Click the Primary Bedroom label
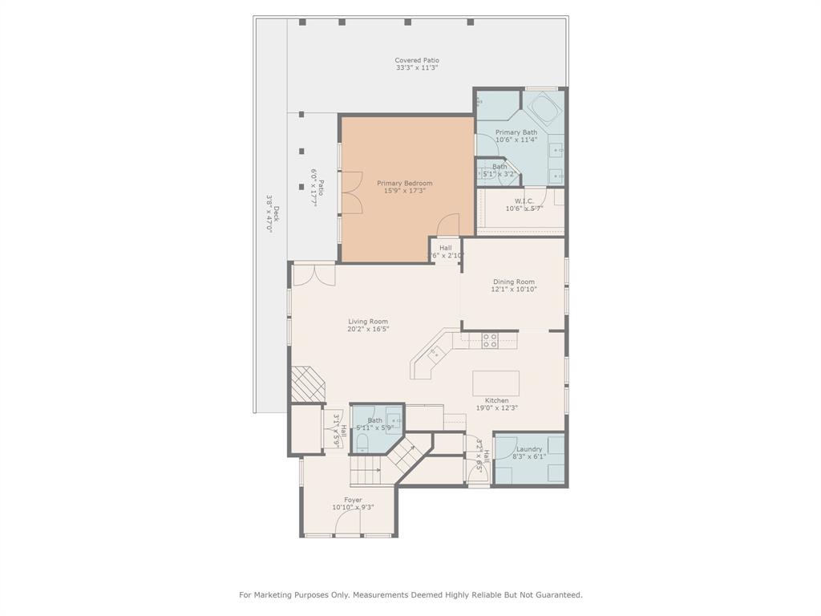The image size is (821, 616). (405, 183)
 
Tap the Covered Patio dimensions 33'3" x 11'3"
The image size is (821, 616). (416, 68)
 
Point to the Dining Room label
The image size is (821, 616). (513, 282)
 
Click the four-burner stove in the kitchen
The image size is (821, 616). (489, 340)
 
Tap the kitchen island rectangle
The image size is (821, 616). (495, 383)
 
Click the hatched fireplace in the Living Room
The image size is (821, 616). (308, 384)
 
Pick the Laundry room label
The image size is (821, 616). (529, 449)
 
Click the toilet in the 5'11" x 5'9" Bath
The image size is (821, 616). (362, 443)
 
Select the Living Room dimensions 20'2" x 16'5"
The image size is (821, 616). (368, 329)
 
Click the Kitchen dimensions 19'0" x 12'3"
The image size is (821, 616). (497, 407)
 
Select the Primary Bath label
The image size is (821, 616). (516, 132)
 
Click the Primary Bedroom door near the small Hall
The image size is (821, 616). (447, 225)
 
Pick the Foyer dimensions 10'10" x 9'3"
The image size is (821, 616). (353, 507)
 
